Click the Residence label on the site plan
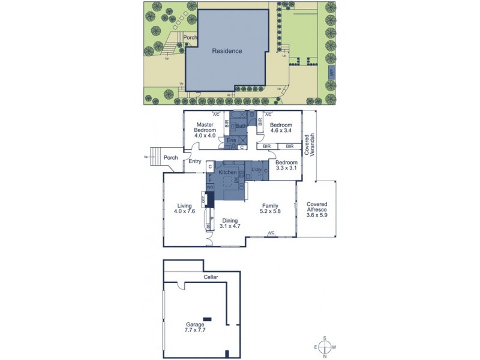click(x=227, y=51)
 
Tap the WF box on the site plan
click(x=331, y=73)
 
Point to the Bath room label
click(x=239, y=126)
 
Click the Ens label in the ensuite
click(x=230, y=141)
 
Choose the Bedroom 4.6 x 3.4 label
click(x=280, y=127)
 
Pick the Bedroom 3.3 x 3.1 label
click(x=286, y=166)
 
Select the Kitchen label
click(x=227, y=172)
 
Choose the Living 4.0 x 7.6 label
click(x=184, y=209)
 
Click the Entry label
click(x=194, y=161)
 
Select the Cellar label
click(x=211, y=277)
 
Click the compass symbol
click(x=325, y=347)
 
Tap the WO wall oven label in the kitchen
click(x=210, y=187)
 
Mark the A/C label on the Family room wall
click(x=271, y=233)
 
